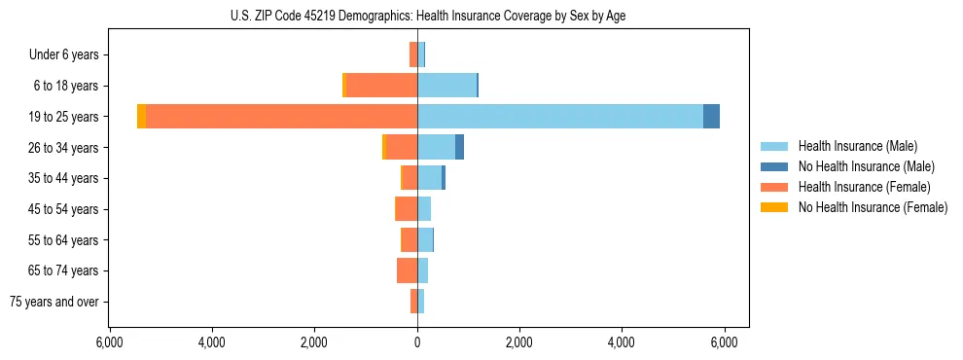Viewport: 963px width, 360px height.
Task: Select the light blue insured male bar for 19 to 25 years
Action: (559, 116)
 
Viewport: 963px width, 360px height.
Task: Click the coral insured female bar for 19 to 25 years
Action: (281, 116)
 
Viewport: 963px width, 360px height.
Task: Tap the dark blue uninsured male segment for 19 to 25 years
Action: (711, 116)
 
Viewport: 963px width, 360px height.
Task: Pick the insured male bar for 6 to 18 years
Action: (446, 86)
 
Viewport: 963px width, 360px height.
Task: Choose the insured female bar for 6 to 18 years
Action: (381, 86)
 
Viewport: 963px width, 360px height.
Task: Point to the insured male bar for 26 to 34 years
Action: (436, 147)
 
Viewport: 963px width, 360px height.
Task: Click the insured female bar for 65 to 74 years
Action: (407, 270)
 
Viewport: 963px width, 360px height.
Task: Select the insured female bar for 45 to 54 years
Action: (407, 208)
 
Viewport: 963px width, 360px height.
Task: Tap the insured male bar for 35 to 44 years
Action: (429, 178)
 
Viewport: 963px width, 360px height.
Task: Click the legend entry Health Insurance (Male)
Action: (857, 146)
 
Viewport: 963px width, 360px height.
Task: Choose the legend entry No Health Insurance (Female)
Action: (873, 207)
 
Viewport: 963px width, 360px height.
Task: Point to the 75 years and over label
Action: (53, 302)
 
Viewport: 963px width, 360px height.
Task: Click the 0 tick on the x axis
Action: (417, 342)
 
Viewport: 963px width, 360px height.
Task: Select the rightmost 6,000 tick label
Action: (724, 342)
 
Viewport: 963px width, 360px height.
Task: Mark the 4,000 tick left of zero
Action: (212, 342)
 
